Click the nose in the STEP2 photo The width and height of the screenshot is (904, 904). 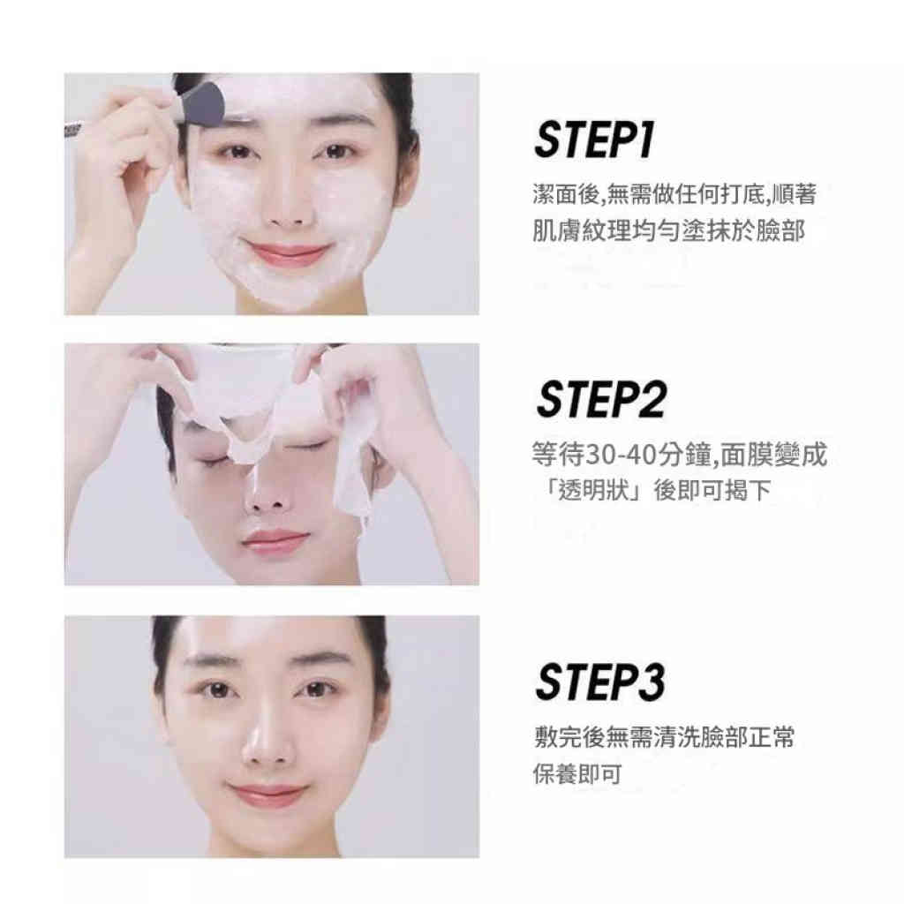pos(263,499)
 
